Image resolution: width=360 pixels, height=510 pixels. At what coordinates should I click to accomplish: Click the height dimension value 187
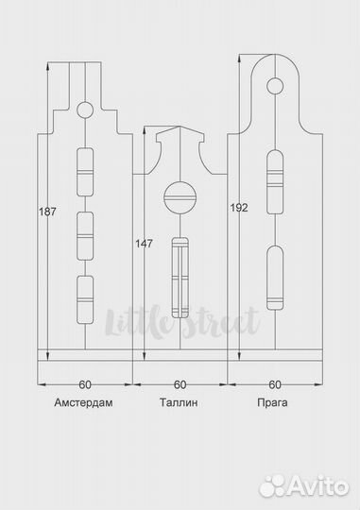(47, 212)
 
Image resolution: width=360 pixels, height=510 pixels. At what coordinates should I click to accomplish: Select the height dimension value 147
(144, 244)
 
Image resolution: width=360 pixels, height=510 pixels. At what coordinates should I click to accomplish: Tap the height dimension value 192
(239, 208)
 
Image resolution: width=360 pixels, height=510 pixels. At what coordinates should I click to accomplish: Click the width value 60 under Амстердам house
(85, 384)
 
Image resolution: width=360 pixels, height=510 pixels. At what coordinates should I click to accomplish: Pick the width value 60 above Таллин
(180, 384)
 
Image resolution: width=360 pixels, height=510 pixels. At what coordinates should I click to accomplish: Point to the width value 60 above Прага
(275, 384)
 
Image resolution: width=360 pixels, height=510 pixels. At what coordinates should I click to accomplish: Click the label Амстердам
(84, 402)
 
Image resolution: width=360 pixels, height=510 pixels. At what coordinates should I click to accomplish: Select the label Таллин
(179, 402)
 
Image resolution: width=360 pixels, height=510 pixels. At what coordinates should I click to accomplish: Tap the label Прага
(272, 402)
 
